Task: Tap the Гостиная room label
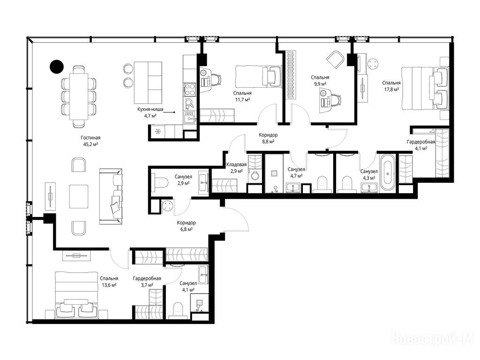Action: [x=90, y=138]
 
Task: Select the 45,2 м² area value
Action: [x=90, y=144]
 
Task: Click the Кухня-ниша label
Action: [x=150, y=109]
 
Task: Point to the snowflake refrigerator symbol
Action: [x=158, y=132]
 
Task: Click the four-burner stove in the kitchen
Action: [x=190, y=89]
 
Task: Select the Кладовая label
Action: [x=236, y=165]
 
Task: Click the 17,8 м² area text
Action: [x=391, y=90]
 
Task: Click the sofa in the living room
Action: [x=111, y=196]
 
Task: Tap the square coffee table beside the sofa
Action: [x=79, y=196]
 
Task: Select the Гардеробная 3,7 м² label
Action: [x=147, y=282]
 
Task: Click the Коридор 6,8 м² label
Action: [x=186, y=226]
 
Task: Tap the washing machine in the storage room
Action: [x=255, y=176]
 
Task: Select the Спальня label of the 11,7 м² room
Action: [x=242, y=93]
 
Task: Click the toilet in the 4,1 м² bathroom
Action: [x=178, y=310]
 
